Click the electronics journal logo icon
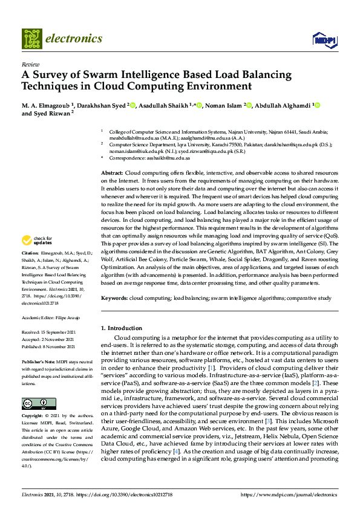click(x=31, y=39)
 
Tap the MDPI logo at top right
click(x=324, y=39)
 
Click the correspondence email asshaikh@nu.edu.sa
click(x=171, y=158)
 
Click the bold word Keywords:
click(x=114, y=298)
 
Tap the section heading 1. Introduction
click(x=122, y=328)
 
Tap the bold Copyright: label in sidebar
click(x=33, y=417)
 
